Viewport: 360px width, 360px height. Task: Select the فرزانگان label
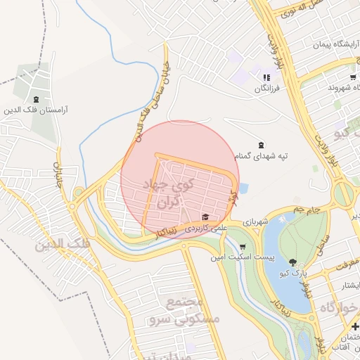268,88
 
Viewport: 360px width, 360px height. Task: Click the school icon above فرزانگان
266,77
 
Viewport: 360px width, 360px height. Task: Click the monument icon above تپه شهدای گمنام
262,144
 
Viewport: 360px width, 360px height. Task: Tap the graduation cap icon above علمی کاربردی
205,217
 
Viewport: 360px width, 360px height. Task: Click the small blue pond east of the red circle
243,188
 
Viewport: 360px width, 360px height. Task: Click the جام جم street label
307,209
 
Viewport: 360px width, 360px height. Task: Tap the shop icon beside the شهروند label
352,77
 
